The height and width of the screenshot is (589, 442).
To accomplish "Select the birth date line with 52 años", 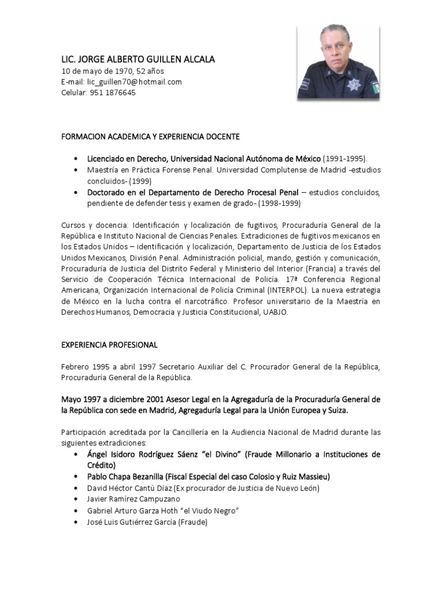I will (x=112, y=71).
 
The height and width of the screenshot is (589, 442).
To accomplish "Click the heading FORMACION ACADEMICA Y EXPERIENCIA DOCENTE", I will (x=150, y=137).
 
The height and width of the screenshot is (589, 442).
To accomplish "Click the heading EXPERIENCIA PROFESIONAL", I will (x=109, y=345).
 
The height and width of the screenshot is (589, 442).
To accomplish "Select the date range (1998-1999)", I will (x=279, y=202).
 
